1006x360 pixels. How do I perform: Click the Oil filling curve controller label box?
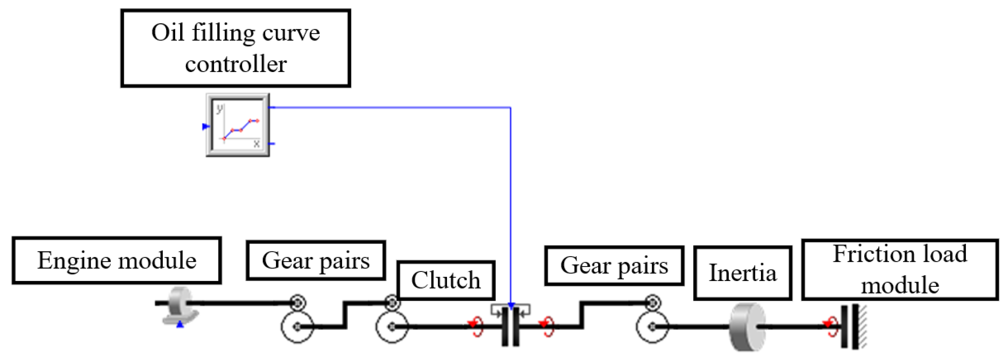(236, 48)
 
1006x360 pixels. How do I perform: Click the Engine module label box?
(117, 261)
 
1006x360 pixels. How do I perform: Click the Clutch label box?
(446, 280)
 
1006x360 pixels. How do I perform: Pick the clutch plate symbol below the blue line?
(511, 326)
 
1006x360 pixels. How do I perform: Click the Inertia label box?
(742, 273)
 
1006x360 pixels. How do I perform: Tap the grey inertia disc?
(747, 327)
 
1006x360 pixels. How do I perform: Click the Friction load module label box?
(900, 270)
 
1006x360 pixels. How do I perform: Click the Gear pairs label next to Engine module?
(316, 261)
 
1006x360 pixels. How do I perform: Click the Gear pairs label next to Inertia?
(614, 266)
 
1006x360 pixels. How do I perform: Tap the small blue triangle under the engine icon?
(179, 324)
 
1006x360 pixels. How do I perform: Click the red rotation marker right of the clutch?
(546, 326)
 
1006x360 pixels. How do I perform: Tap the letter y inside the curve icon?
(220, 109)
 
